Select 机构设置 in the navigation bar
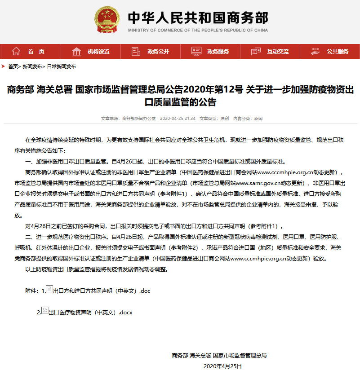point(98,51)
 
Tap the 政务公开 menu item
point(158,51)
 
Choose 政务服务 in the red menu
point(218,51)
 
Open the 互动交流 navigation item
point(278,51)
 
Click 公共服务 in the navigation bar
point(338,51)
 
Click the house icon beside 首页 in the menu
point(16,51)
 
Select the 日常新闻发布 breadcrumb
point(61,66)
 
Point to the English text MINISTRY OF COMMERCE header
point(198,31)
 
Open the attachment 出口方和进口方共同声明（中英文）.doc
point(102,291)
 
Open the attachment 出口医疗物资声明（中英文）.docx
point(90,312)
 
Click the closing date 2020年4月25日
point(222,366)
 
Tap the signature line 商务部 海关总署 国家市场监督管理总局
point(219,355)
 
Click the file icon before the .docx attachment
point(44,311)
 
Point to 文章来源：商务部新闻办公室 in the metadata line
point(128,119)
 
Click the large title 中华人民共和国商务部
point(198,18)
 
